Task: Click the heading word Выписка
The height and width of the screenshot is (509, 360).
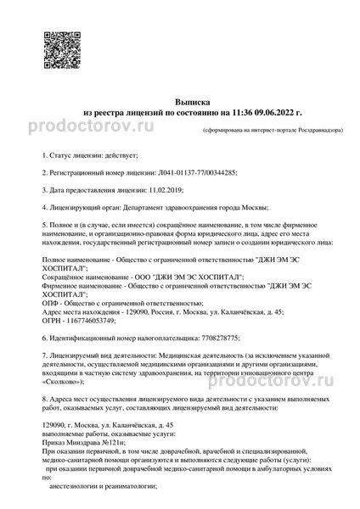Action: [180, 100]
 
